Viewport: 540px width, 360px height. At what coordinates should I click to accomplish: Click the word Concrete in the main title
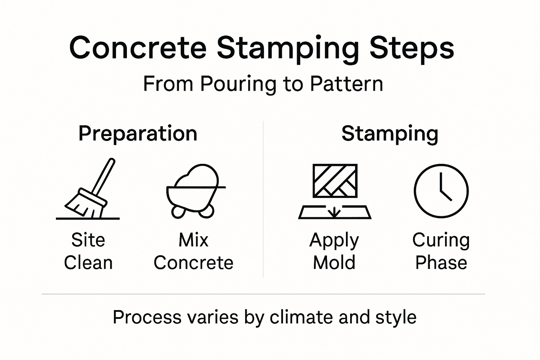tap(137, 48)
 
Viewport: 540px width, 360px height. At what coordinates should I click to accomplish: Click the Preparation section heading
tap(137, 134)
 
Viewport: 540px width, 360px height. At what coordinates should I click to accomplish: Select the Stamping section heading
tap(390, 134)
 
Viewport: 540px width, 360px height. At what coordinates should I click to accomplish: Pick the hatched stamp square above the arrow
tap(335, 180)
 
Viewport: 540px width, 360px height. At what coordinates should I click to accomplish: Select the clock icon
tap(441, 191)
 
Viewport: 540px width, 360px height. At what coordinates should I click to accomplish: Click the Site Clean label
tap(88, 251)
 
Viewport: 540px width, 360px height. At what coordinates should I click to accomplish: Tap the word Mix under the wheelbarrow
tap(193, 240)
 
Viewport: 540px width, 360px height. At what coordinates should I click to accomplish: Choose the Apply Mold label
tap(334, 251)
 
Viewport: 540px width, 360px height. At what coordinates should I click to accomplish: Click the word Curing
tap(441, 240)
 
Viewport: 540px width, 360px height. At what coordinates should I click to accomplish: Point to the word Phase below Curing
tap(441, 263)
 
